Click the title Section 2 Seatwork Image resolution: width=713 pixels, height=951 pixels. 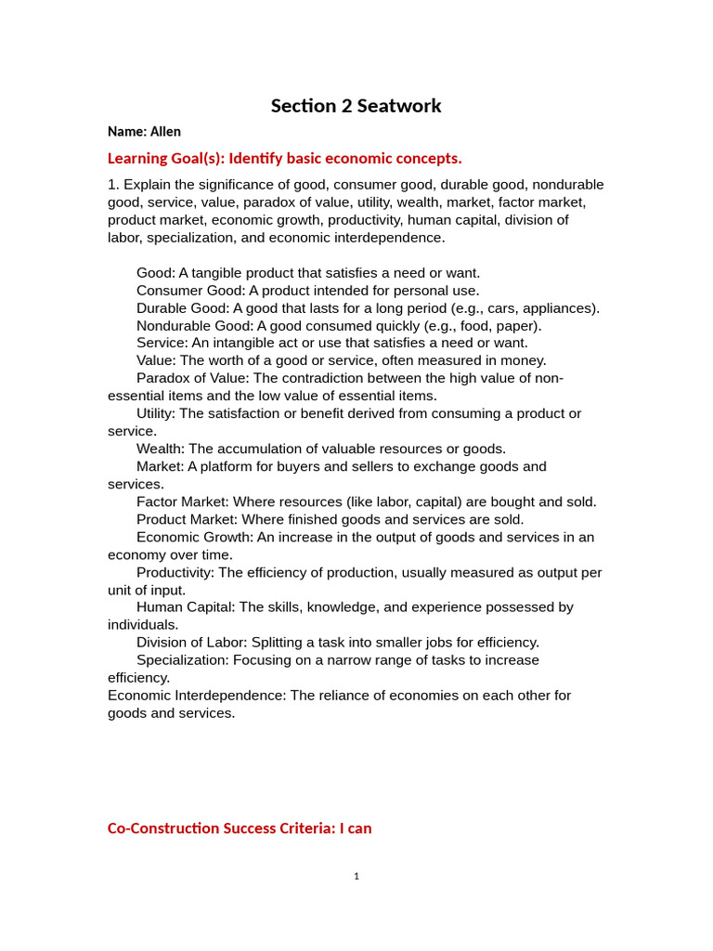356,106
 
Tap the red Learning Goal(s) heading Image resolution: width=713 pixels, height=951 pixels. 284,158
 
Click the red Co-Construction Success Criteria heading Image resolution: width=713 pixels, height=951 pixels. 240,827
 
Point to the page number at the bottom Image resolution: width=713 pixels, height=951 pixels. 356,876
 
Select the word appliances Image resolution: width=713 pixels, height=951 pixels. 561,308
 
